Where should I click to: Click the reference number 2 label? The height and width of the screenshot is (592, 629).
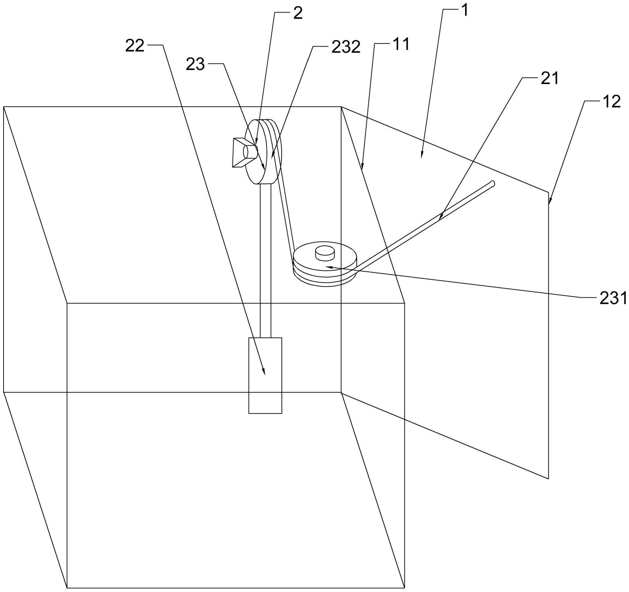[x=298, y=14]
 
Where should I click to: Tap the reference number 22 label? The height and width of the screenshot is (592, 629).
[x=135, y=46]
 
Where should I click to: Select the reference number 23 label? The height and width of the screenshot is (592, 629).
[x=195, y=65]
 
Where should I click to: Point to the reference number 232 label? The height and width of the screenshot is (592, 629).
[x=346, y=47]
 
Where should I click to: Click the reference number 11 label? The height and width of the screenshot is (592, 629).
[x=401, y=45]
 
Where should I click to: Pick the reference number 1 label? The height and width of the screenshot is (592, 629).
[x=464, y=11]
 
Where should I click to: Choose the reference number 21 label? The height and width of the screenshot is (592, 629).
[x=550, y=79]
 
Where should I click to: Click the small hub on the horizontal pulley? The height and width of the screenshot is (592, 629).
[x=325, y=252]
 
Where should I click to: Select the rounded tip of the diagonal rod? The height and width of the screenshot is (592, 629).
[x=493, y=183]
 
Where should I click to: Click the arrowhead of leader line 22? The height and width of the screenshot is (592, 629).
[x=265, y=374]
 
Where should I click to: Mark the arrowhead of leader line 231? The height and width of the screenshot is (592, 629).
[x=329, y=266]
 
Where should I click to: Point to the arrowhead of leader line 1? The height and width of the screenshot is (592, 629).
[x=422, y=156]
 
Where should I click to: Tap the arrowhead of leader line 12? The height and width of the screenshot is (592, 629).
[x=550, y=203]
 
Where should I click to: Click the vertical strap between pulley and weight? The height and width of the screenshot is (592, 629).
[x=265, y=260]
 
